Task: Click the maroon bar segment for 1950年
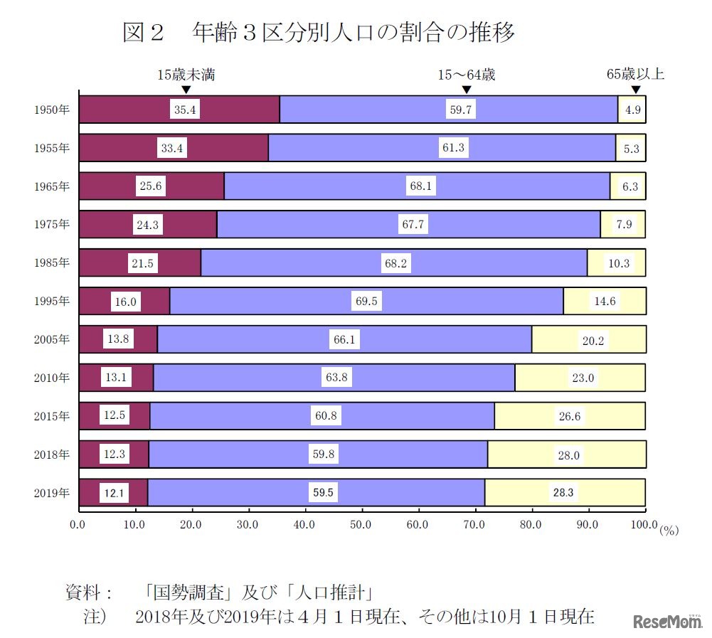tap(128, 109)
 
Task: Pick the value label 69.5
tap(367, 302)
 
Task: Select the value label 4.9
tap(632, 110)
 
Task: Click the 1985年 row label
tap(52, 262)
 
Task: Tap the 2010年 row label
tap(52, 378)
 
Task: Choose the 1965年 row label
tap(52, 186)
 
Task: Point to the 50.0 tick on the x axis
tap(362, 526)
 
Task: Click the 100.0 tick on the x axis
tap(643, 526)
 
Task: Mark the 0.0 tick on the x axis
tap(78, 526)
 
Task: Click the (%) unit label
tap(670, 530)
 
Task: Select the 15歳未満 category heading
tap(186, 74)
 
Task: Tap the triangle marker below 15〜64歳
tap(467, 89)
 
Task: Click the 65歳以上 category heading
tap(635, 74)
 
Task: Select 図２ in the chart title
tap(144, 33)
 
